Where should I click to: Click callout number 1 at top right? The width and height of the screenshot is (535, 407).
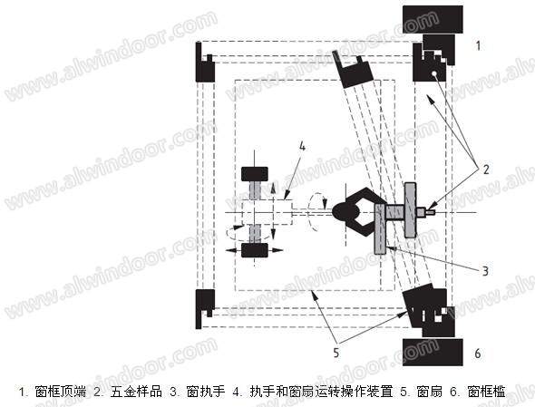click(x=479, y=45)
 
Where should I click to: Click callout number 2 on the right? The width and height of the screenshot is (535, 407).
click(x=486, y=170)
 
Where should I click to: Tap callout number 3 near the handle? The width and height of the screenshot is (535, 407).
click(x=485, y=271)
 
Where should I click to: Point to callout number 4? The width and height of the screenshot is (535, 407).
click(x=302, y=146)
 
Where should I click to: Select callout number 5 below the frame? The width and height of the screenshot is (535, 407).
click(x=336, y=353)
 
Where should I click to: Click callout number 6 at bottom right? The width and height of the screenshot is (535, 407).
click(x=478, y=354)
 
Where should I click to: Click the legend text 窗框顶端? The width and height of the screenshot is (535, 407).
click(x=61, y=392)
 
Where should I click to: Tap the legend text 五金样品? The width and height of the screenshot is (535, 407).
click(x=136, y=392)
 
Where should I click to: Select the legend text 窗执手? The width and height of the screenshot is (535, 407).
click(x=206, y=392)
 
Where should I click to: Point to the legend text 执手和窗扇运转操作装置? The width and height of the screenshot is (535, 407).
click(x=321, y=392)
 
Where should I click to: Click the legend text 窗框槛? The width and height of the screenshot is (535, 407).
click(x=486, y=392)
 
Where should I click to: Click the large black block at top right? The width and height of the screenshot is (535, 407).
click(x=433, y=19)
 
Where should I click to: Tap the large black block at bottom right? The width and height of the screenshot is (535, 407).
click(x=433, y=353)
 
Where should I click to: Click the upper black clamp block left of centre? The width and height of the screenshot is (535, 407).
click(x=255, y=174)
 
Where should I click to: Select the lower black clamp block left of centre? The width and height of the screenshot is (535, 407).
click(x=255, y=250)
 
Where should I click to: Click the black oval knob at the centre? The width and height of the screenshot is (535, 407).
click(x=345, y=212)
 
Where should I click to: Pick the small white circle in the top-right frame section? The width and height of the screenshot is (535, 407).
click(x=433, y=73)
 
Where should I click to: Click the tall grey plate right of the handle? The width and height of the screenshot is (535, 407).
click(x=410, y=209)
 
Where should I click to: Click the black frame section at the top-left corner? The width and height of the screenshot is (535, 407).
click(x=204, y=62)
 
